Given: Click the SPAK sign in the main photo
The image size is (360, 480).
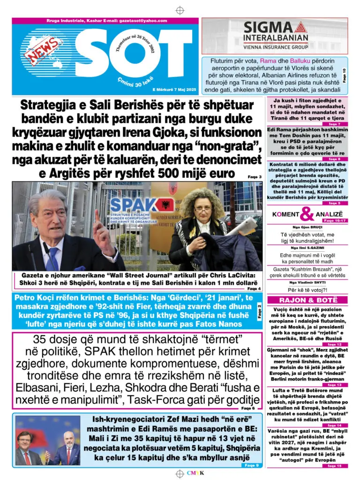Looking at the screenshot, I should [133, 205].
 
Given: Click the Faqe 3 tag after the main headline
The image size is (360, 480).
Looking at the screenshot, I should [255, 177].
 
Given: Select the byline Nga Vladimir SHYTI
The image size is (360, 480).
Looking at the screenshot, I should [307, 283].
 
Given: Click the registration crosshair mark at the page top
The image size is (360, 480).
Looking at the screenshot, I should [180, 10].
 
